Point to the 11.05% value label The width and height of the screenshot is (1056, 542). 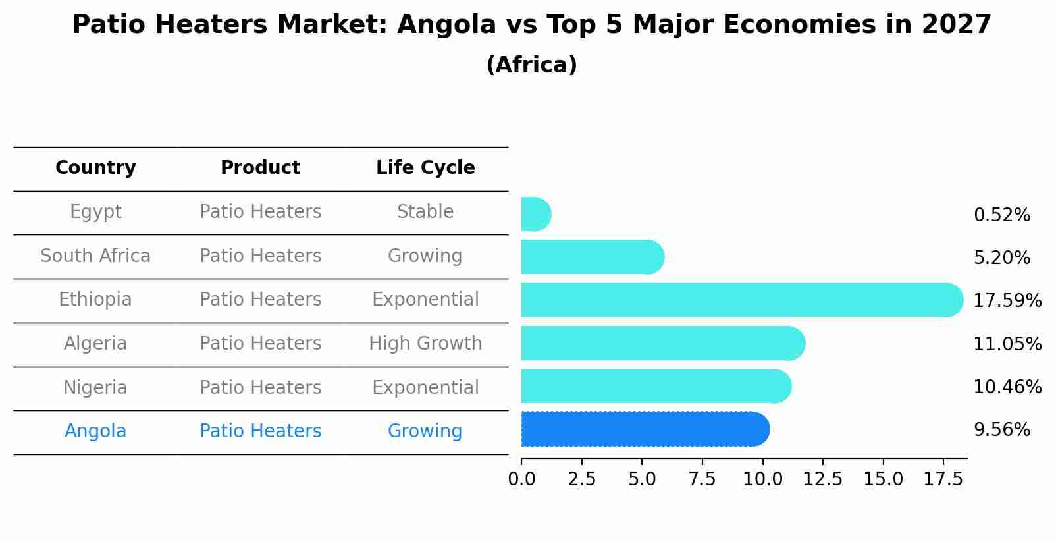tap(1007, 344)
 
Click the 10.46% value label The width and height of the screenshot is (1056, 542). tap(1007, 387)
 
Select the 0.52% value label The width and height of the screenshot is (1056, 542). tap(1001, 215)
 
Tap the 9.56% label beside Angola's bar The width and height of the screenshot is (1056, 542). tap(1001, 430)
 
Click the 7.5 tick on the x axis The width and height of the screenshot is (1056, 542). tap(702, 479)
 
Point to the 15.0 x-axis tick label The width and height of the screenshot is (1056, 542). tap(883, 479)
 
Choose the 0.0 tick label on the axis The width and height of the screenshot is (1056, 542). tap(521, 479)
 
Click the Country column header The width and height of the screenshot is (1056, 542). tap(95, 168)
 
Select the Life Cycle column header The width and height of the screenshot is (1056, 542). tap(425, 168)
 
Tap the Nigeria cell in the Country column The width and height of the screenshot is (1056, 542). tap(95, 387)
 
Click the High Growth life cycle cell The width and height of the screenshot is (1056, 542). tap(425, 344)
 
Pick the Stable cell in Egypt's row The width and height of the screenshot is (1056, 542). tap(425, 212)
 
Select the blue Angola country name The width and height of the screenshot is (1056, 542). tap(95, 431)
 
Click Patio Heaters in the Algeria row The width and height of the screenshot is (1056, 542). tap(260, 344)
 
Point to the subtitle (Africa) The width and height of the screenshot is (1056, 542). tap(531, 65)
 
